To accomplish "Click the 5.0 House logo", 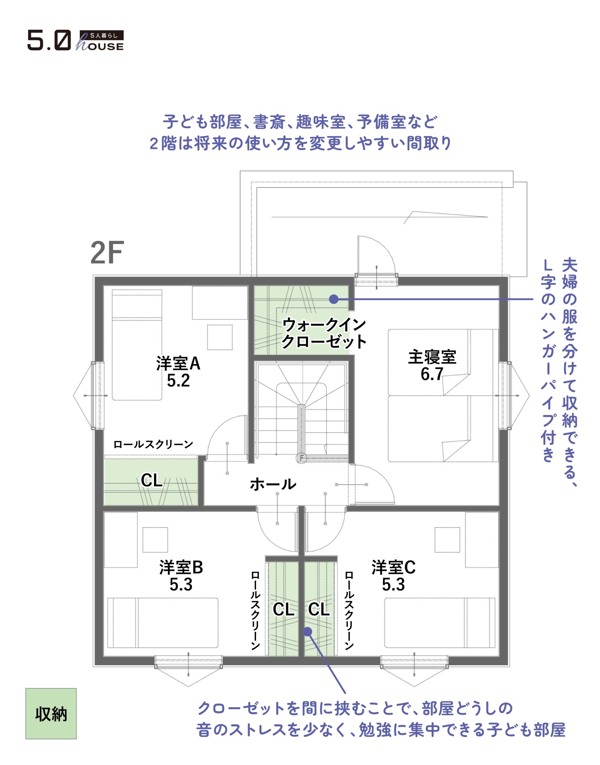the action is (75, 40).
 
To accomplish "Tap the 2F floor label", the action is (107, 252).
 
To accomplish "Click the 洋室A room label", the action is (178, 363).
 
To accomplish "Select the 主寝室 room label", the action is (432, 357).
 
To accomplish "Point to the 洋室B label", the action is (181, 568).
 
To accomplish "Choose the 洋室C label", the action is (394, 568).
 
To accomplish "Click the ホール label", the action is (273, 484).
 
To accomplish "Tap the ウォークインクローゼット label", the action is (324, 333).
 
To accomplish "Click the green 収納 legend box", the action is (51, 714).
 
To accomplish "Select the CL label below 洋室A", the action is (152, 480).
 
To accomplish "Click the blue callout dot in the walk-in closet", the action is (334, 299).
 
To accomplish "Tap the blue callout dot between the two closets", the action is (308, 632).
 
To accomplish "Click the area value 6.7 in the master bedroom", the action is (432, 374).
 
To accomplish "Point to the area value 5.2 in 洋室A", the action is (178, 381).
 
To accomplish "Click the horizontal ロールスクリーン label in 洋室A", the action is (153, 444).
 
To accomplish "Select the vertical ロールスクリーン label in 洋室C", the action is (349, 611).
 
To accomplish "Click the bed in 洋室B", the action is (163, 623).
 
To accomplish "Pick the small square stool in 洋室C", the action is (447, 540).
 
